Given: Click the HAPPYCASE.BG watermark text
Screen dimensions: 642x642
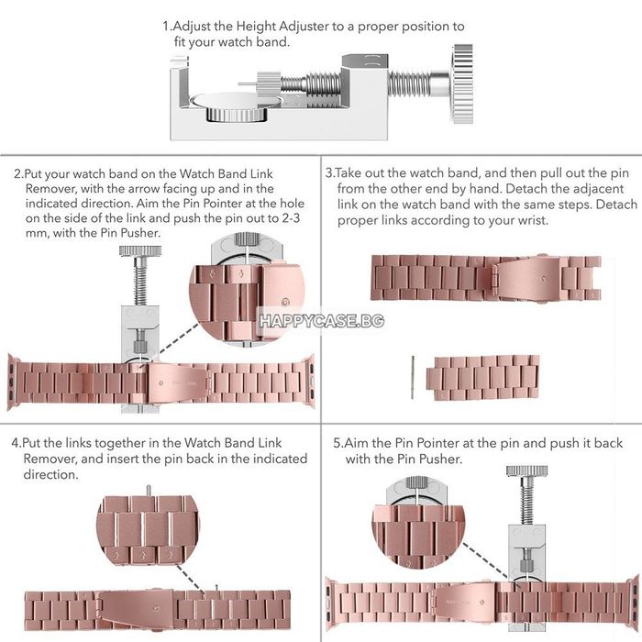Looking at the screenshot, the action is [x=322, y=321].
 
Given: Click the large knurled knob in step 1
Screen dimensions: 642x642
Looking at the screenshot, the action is [x=462, y=84].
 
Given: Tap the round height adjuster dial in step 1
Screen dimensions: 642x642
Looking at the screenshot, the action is [x=237, y=107].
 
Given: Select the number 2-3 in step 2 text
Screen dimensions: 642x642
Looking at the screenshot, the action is [x=291, y=218].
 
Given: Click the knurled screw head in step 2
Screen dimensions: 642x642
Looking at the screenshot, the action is [x=140, y=250].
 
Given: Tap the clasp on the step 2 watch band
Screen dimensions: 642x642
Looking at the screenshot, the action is [x=177, y=382].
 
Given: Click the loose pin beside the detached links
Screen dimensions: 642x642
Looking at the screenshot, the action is [x=413, y=377].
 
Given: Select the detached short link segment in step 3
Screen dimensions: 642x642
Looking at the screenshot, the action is [x=482, y=378].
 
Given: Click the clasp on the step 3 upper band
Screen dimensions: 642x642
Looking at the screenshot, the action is [x=526, y=279].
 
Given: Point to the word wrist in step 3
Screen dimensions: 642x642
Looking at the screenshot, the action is [x=532, y=220].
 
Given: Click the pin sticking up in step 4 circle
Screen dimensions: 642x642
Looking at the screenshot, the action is [x=149, y=490].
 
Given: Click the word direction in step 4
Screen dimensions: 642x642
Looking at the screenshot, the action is [x=50, y=474].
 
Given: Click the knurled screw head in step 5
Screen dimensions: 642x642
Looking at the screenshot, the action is [x=527, y=470].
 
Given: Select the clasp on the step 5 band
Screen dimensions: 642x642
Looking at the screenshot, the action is [x=465, y=602].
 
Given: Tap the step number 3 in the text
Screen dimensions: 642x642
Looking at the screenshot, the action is [x=329, y=173].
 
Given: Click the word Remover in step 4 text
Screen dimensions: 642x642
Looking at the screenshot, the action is [x=50, y=459].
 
